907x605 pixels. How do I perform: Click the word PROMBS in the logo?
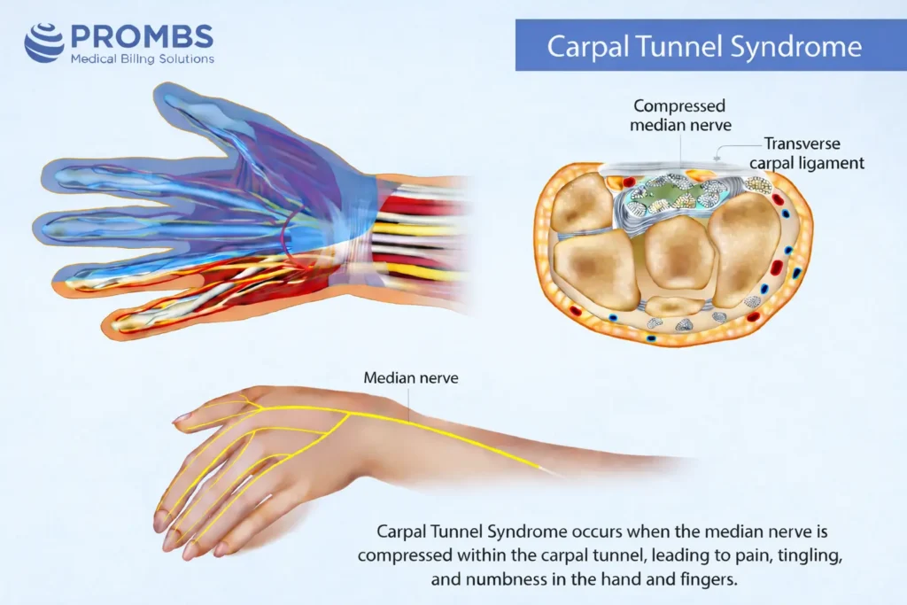pos(141,36)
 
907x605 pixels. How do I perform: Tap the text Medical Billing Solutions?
pos(142,58)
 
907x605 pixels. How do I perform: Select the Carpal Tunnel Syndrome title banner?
pos(703,46)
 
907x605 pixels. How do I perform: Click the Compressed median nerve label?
pos(678,116)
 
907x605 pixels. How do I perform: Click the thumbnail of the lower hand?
pos(182,416)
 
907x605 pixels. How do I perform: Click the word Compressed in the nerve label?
pos(679,106)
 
